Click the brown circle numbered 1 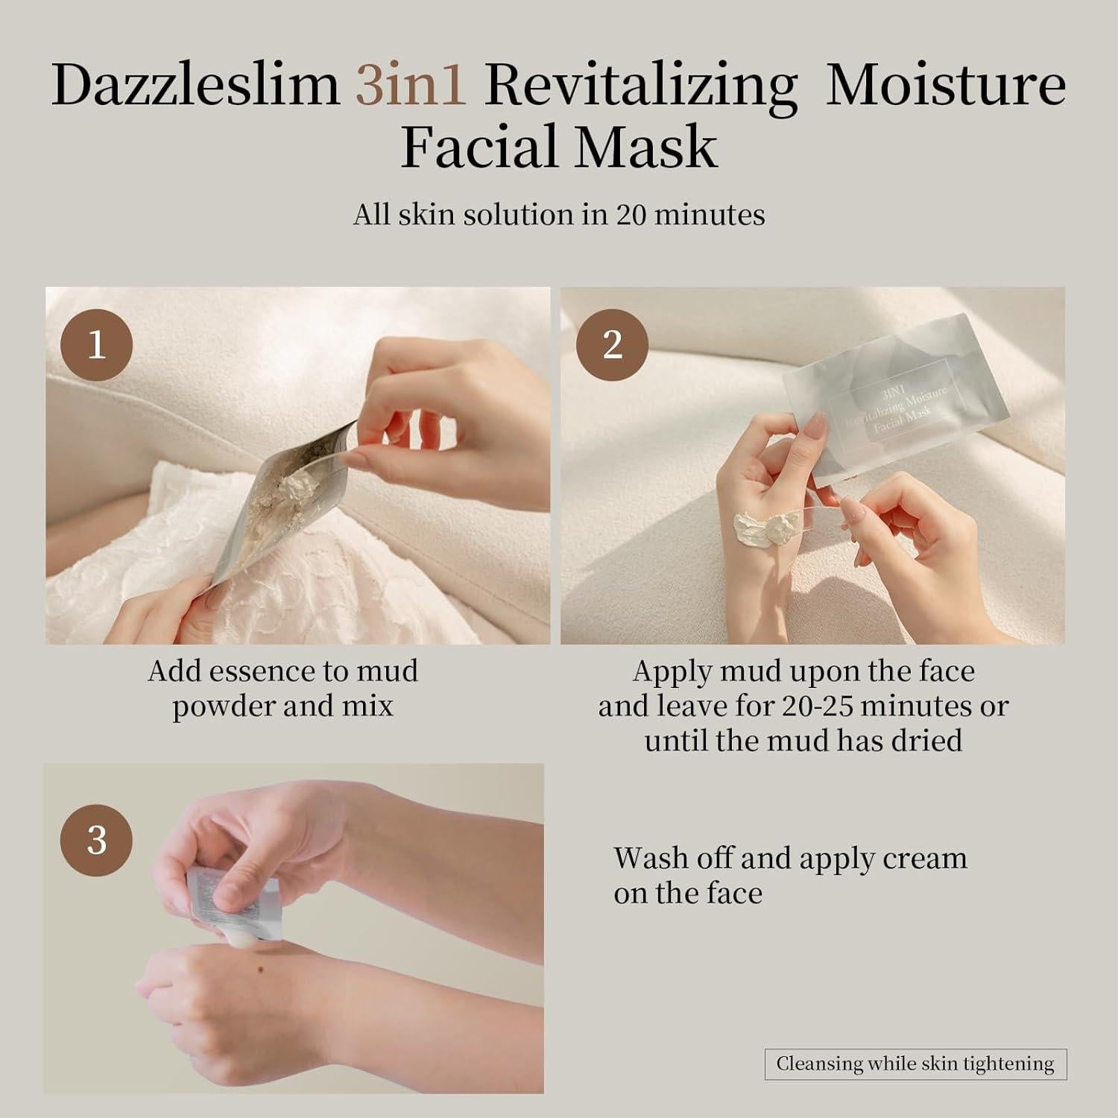click(x=96, y=345)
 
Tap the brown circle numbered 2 click(x=612, y=345)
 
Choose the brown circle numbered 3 click(x=96, y=840)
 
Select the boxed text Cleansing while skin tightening click(x=915, y=1064)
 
